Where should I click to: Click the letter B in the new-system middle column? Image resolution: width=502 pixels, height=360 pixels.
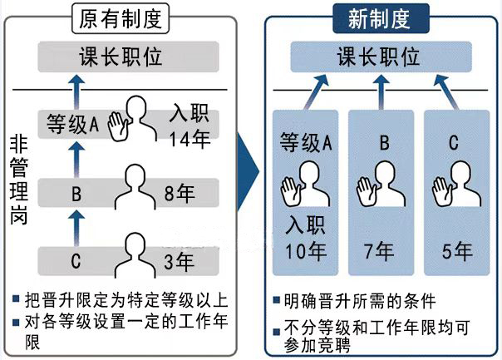point(384,142)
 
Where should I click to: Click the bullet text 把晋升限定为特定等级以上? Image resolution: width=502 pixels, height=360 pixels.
point(126,299)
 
